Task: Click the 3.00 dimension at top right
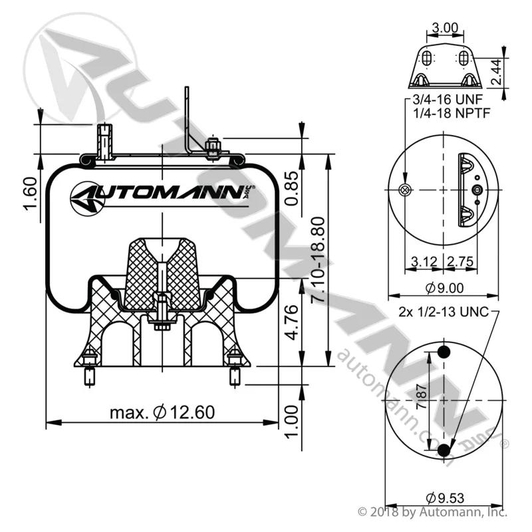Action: pyautogui.click(x=445, y=27)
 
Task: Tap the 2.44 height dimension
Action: pyautogui.click(x=496, y=72)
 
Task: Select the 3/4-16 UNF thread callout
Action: pyautogui.click(x=448, y=99)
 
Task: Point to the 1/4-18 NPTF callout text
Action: pyautogui.click(x=452, y=113)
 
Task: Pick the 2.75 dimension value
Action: pyautogui.click(x=460, y=261)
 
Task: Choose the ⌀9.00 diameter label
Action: pyautogui.click(x=444, y=288)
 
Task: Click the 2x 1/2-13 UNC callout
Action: pyautogui.click(x=444, y=311)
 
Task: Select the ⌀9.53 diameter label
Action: pyautogui.click(x=445, y=498)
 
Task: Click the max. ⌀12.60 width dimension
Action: pyautogui.click(x=162, y=412)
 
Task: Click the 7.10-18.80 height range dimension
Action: pyautogui.click(x=319, y=259)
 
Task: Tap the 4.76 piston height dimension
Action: pyautogui.click(x=291, y=323)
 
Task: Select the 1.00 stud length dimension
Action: pyautogui.click(x=291, y=422)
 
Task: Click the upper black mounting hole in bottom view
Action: pyautogui.click(x=444, y=352)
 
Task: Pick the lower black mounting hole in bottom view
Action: pyautogui.click(x=444, y=450)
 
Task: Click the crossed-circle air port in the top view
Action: pyautogui.click(x=405, y=190)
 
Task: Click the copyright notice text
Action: pyautogui.click(x=433, y=511)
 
